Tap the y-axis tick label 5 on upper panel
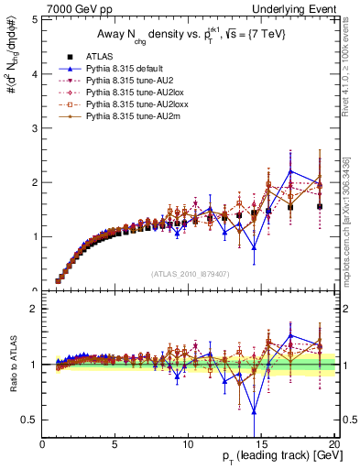click(34, 18)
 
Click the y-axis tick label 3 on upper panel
click(34, 127)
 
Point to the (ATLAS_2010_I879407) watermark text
click(189, 274)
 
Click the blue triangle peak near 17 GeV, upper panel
click(290, 171)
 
